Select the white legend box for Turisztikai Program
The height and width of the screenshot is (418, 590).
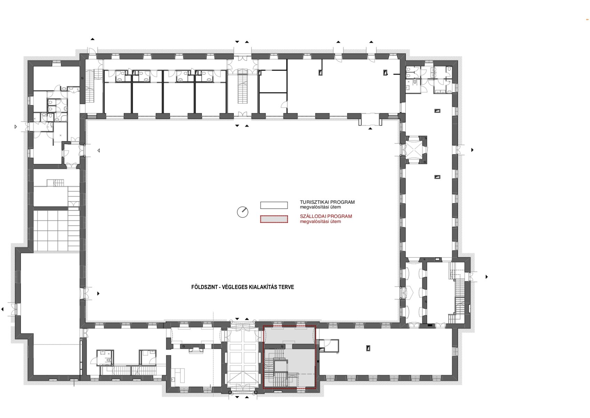274,205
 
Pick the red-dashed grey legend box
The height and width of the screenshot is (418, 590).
274,219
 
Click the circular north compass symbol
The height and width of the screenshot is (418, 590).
242,212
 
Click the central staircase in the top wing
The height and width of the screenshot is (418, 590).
242,86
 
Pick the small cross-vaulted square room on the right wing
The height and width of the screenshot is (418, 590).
416,150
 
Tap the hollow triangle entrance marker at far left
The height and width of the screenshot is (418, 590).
16,127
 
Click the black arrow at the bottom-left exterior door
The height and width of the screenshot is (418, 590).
3,309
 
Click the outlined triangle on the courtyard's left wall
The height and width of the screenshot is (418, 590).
98,150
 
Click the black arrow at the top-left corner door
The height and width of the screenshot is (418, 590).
93,39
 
